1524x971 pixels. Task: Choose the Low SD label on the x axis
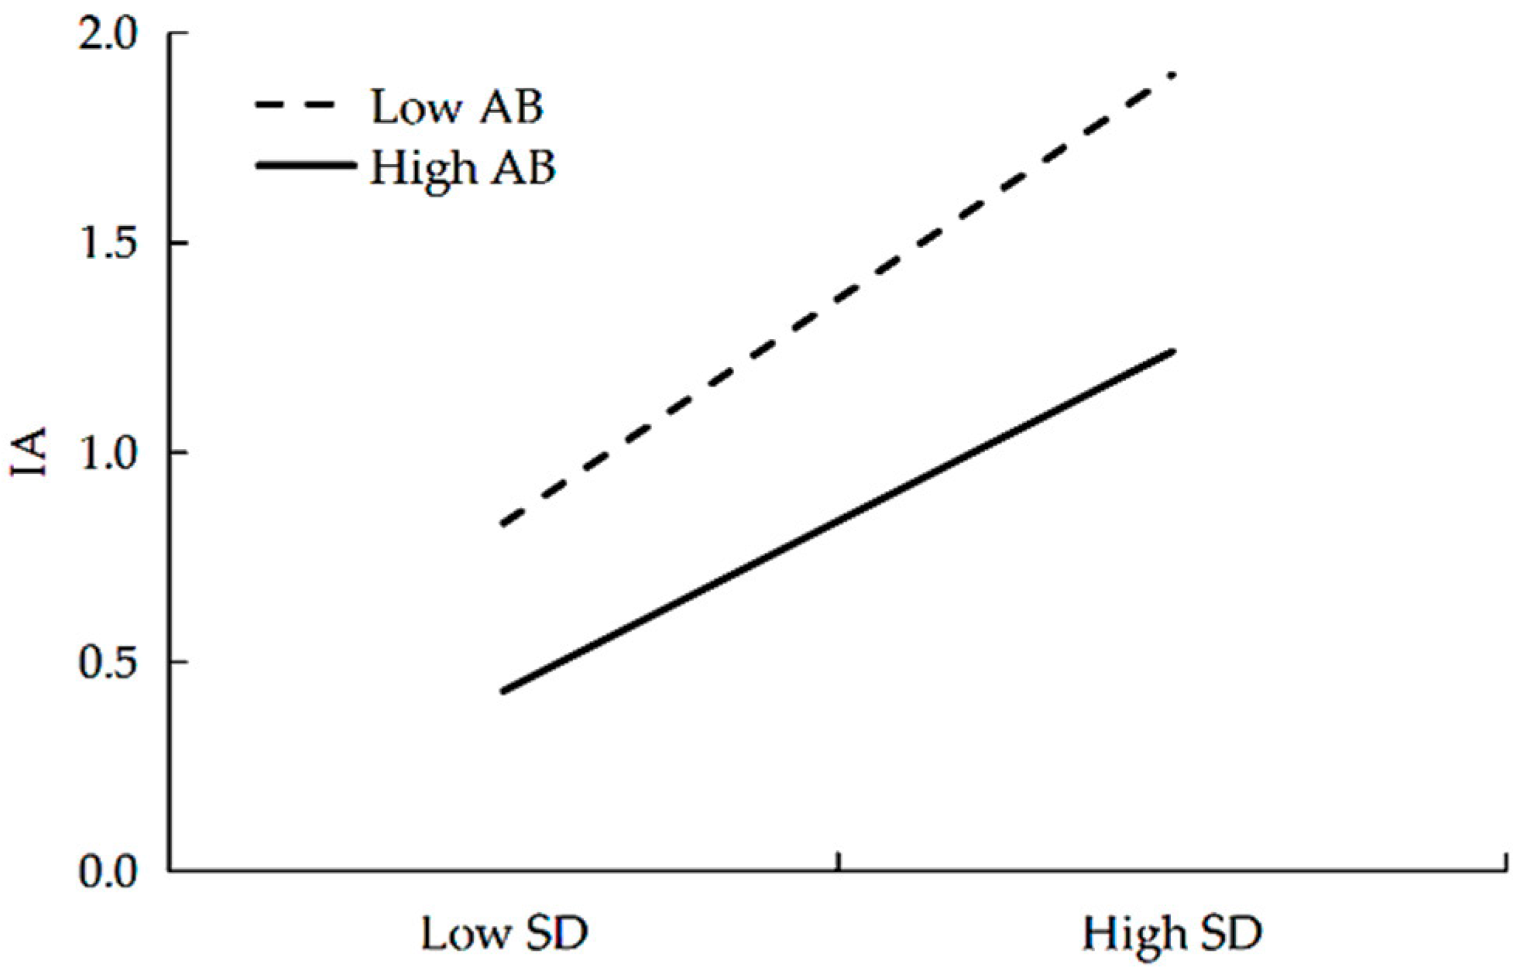[504, 933]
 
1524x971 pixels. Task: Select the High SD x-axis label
[1172, 933]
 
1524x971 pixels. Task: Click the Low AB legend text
[457, 107]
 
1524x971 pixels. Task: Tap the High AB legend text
[463, 166]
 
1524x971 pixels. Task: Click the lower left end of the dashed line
[503, 524]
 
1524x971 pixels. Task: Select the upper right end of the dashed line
[1173, 76]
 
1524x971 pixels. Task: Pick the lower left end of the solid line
[503, 691]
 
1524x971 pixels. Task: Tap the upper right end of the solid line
[1173, 352]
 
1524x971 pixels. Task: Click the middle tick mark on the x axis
[838, 862]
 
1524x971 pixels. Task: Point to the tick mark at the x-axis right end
[1505, 862]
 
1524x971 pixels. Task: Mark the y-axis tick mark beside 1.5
[178, 243]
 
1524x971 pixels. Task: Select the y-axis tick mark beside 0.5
[178, 662]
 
